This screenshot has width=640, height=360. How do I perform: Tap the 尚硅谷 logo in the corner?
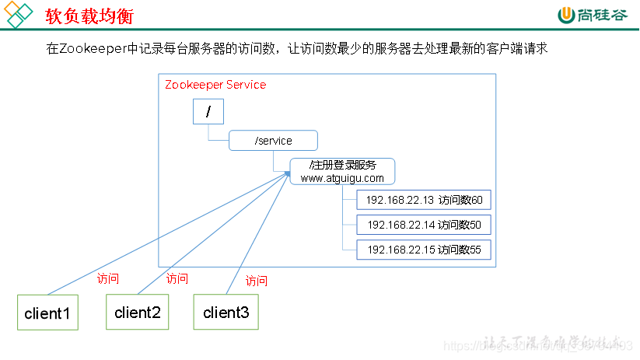590,15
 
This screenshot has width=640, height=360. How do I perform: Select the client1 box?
47,313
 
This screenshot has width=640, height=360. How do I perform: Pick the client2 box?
137,313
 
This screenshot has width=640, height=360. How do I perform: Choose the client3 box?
226,313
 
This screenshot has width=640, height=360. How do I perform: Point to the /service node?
273,141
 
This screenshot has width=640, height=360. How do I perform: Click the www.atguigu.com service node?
342,171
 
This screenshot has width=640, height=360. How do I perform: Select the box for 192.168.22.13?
424,200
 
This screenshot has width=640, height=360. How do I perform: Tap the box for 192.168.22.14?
424,225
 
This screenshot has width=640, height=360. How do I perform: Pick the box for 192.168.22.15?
424,250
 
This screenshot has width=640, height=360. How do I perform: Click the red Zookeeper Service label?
215,85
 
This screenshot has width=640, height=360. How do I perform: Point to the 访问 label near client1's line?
108,278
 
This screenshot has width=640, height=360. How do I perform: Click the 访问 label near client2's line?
177,278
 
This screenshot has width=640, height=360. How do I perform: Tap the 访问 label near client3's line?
257,281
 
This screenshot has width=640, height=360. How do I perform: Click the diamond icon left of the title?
19,15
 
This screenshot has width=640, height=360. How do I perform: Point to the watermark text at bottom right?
552,343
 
